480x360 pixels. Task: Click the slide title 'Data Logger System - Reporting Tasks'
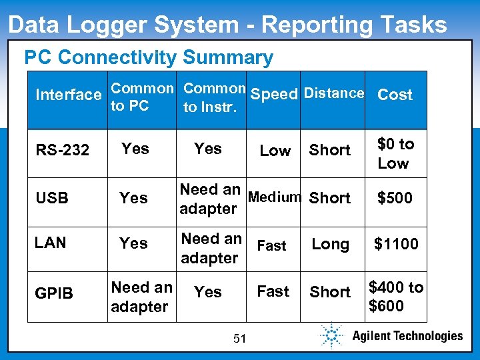click(x=227, y=25)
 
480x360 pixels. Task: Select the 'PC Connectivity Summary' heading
click(x=149, y=58)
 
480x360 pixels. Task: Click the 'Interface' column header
click(x=68, y=95)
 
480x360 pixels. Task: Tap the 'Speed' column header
click(x=273, y=94)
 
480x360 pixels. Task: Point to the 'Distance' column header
click(x=333, y=93)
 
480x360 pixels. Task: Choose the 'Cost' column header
click(x=395, y=95)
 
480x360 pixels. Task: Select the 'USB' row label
click(x=51, y=198)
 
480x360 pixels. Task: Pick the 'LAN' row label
click(x=51, y=243)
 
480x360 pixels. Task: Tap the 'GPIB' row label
click(x=53, y=293)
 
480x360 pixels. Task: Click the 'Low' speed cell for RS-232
click(x=275, y=151)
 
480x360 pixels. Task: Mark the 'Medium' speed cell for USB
click(x=274, y=197)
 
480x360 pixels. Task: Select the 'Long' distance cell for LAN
click(x=330, y=245)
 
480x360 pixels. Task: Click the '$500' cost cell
click(x=395, y=198)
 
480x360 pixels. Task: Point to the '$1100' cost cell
click(x=396, y=245)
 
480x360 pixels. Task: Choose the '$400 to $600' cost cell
click(x=396, y=297)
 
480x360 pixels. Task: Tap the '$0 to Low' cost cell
click(x=395, y=153)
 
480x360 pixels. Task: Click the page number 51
click(x=240, y=339)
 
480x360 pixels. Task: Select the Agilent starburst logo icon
click(x=332, y=335)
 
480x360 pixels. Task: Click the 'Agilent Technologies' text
click(x=407, y=336)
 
